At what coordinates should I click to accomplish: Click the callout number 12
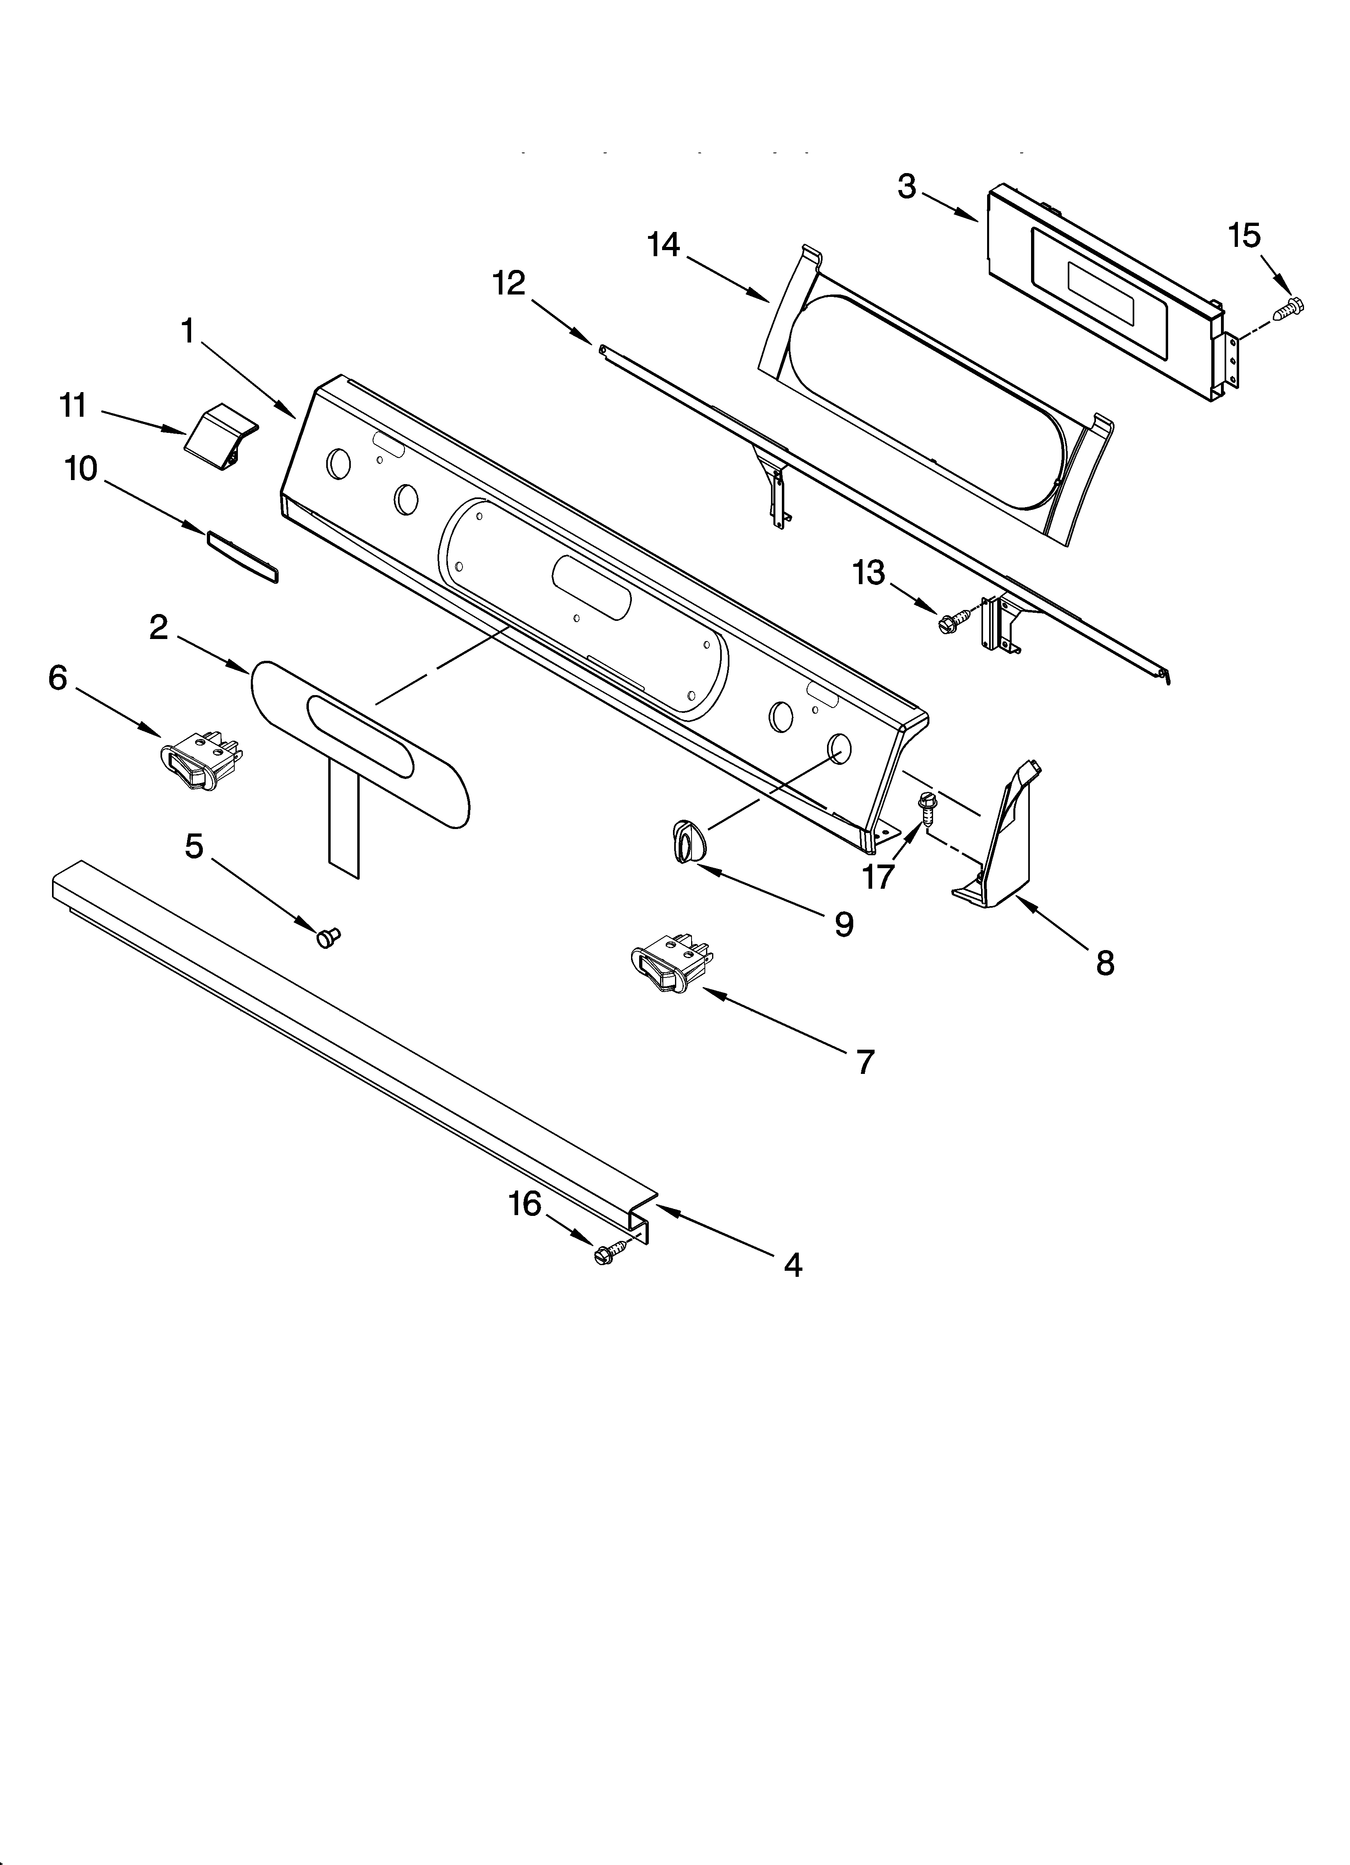click(x=509, y=284)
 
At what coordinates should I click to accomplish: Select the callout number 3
click(x=906, y=188)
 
